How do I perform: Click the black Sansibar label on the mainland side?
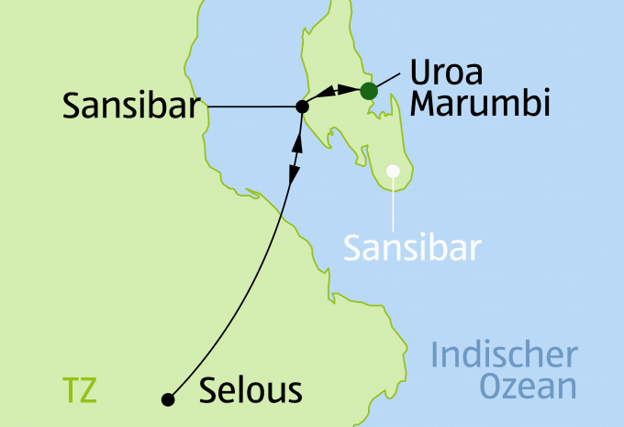coord(131,107)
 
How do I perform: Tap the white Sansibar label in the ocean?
coord(412,247)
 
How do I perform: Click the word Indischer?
coord(505,355)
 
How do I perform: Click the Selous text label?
coord(250,392)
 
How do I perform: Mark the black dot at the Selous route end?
coord(167,399)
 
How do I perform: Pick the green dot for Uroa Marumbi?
coord(368,90)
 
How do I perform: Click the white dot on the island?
coord(395,170)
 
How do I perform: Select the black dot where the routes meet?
coord(302,107)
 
